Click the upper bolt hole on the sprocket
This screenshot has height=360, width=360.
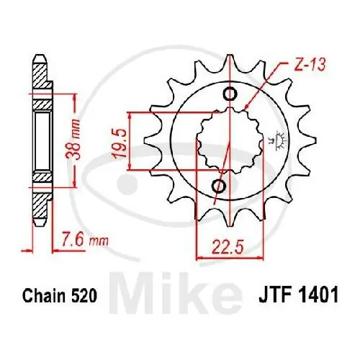pyautogui.click(x=229, y=94)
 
